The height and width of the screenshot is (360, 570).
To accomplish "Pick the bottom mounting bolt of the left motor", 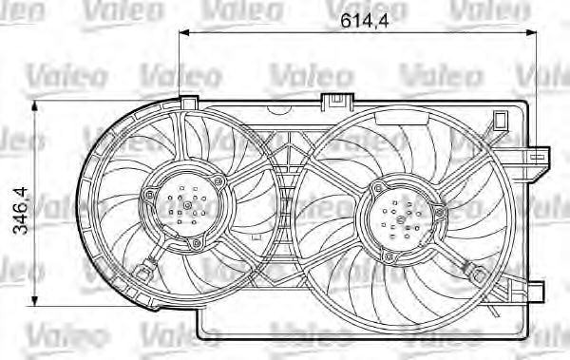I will (197, 244).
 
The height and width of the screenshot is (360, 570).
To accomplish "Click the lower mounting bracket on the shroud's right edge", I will (538, 289).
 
